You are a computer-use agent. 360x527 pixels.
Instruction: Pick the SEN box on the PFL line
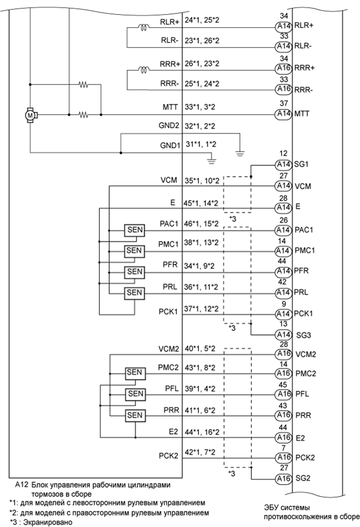[135, 393]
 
